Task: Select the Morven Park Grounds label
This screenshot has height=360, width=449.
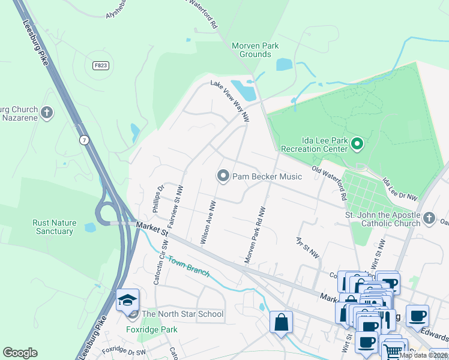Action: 252,50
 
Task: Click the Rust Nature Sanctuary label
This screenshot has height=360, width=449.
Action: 54,227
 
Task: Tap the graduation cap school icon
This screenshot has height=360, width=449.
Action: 127,300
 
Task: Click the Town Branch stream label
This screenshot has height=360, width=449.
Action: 188,266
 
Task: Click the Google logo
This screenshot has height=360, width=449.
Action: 20,353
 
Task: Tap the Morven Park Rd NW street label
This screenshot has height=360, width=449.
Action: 255,236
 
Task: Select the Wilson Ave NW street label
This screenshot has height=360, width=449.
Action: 208,223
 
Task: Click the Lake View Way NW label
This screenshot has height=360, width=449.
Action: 229,101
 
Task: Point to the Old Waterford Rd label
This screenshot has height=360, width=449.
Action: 330,183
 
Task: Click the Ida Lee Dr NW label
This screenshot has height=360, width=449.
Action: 399,188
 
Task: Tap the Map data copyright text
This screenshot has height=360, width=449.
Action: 424,355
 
